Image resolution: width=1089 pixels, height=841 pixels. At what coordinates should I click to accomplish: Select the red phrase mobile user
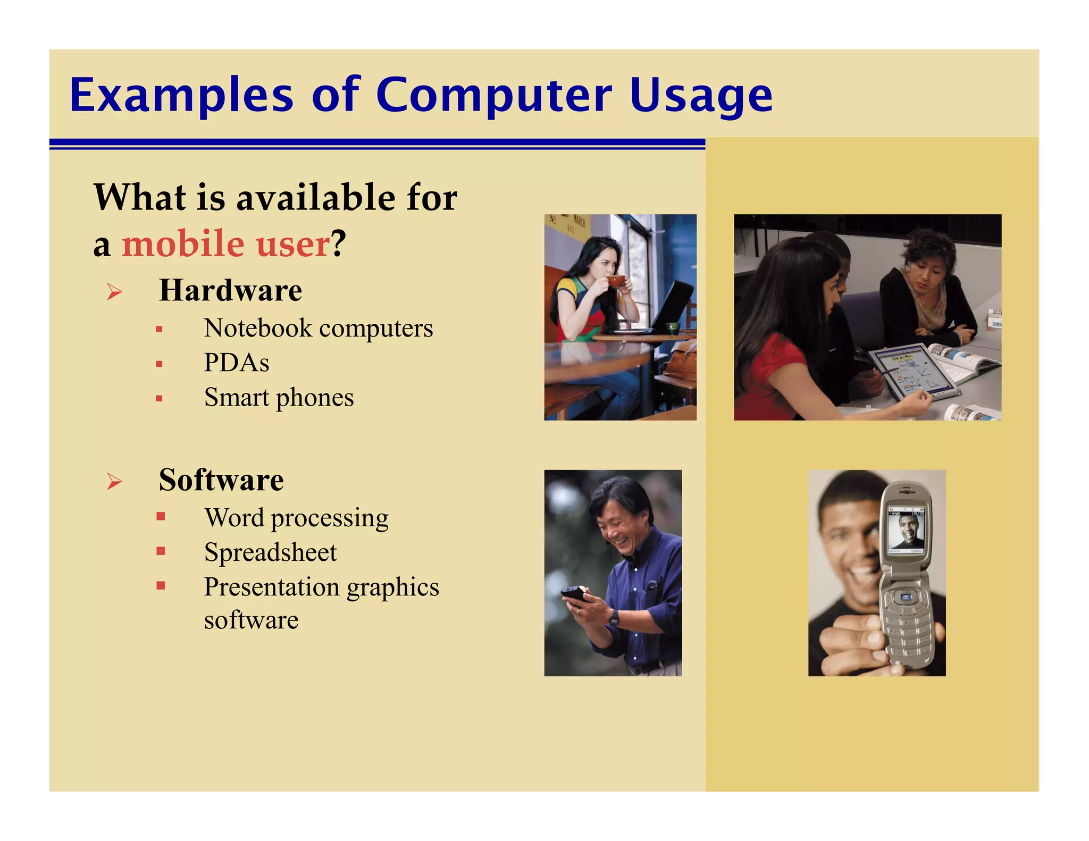click(226, 244)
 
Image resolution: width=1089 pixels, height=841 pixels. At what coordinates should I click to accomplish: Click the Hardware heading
click(230, 290)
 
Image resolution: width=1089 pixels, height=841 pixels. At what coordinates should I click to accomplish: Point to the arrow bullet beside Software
click(114, 481)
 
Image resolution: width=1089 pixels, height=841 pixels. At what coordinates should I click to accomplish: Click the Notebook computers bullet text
click(318, 328)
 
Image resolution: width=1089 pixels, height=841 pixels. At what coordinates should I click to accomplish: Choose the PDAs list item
click(237, 363)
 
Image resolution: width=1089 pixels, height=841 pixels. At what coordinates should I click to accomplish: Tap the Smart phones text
click(279, 398)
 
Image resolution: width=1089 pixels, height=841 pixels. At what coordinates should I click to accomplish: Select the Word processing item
click(296, 518)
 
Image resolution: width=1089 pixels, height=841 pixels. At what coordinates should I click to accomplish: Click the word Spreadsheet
click(270, 552)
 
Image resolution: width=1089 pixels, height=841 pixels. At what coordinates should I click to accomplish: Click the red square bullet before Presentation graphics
click(161, 585)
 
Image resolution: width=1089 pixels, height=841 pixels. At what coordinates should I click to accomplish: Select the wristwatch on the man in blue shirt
click(614, 617)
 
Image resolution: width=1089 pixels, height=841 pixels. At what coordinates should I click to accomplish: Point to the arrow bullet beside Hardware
click(114, 291)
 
